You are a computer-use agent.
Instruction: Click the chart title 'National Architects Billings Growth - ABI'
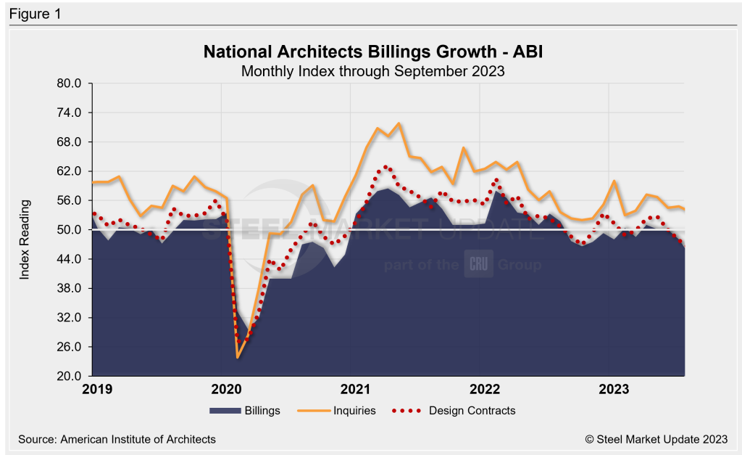coord(372,52)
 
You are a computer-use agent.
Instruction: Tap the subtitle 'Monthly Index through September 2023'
coord(372,71)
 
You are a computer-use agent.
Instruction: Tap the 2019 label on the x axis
coord(97,389)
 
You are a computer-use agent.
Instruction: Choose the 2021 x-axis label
coord(356,389)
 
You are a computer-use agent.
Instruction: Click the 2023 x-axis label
coord(614,389)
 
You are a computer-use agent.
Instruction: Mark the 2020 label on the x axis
coord(226,389)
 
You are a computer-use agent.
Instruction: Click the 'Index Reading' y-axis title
coord(25,229)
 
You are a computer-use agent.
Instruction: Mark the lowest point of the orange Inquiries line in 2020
coord(238,357)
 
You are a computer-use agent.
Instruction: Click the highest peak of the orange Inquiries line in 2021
coord(399,123)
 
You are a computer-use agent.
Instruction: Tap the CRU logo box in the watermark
coord(478,265)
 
